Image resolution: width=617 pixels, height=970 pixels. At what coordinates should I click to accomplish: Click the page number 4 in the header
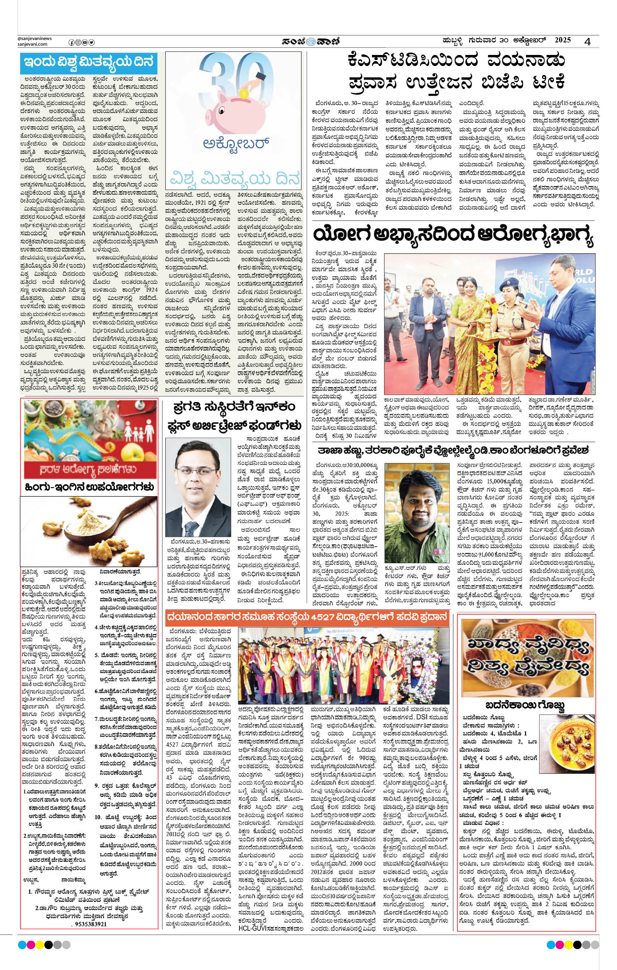point(588,42)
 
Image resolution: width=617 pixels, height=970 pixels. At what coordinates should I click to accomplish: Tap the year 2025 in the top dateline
point(563,40)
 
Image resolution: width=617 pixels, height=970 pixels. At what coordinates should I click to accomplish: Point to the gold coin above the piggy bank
point(243,94)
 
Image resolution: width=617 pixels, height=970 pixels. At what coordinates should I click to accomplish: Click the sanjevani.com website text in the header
point(32,44)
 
